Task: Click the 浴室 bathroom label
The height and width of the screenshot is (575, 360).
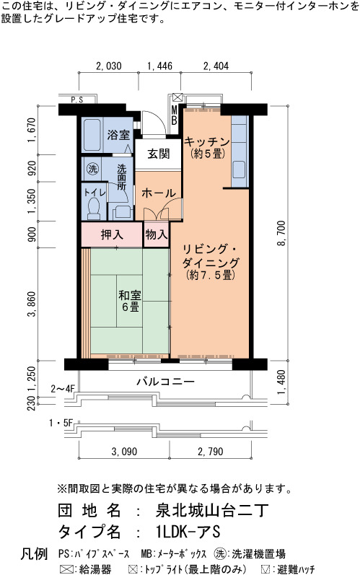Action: click(118, 135)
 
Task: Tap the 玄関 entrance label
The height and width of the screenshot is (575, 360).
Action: click(159, 154)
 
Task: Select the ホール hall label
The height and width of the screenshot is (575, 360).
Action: click(159, 193)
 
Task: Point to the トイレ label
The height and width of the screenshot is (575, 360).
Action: click(95, 193)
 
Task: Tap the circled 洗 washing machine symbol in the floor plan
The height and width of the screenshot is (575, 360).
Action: click(92, 169)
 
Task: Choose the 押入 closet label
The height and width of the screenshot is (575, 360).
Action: click(112, 234)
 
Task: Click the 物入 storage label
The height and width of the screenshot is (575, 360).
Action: click(157, 234)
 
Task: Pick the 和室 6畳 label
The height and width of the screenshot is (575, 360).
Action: click(130, 301)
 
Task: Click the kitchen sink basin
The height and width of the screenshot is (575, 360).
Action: click(239, 170)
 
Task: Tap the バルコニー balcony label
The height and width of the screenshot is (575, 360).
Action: click(166, 382)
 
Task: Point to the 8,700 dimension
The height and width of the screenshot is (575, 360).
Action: click(281, 233)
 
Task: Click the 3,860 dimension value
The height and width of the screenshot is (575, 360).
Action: click(32, 304)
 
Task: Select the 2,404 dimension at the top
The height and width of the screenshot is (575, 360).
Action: click(216, 66)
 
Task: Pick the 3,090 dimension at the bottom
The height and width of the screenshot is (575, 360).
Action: click(124, 452)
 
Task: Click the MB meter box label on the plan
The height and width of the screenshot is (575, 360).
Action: click(174, 115)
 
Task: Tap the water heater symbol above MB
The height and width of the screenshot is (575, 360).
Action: click(177, 97)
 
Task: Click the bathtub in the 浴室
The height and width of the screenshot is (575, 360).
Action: click(92, 135)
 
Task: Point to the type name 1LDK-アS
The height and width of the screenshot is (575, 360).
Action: click(188, 532)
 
